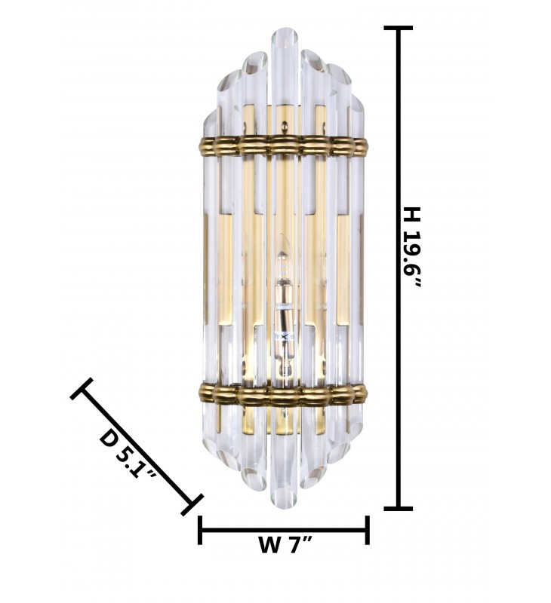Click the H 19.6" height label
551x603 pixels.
(411, 248)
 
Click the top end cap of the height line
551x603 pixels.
(399, 28)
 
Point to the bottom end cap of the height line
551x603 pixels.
(399, 508)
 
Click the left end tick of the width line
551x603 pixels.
(200, 531)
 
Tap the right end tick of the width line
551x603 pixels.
(368, 531)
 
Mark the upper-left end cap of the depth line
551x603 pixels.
(82, 388)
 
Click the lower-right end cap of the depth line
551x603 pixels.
(192, 504)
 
